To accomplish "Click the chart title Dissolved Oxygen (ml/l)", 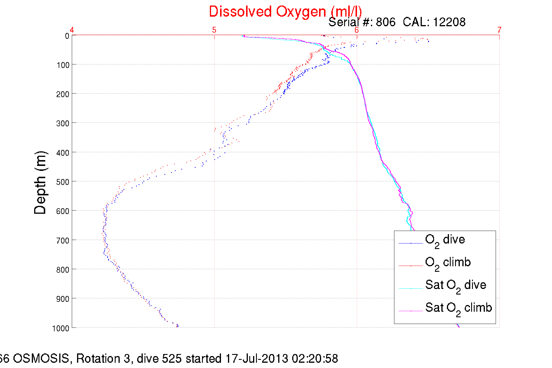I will [285, 12].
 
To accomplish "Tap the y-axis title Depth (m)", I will [40, 183].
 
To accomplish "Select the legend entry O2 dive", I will [445, 240].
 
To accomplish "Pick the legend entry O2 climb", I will [448, 263].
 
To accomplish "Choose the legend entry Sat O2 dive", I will [455, 285].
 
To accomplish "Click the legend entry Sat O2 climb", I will [458, 308].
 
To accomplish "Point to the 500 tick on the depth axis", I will [63, 182].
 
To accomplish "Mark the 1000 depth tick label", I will [61, 328].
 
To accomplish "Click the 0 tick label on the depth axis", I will [67, 36].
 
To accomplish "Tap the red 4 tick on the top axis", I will [72, 30].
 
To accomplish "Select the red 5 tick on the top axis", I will [214, 30].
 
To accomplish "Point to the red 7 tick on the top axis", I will [499, 30].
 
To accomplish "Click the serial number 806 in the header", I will [386, 22].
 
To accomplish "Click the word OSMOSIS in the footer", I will [41, 358].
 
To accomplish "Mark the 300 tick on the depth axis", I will [63, 123].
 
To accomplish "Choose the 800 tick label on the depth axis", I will [63, 270].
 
